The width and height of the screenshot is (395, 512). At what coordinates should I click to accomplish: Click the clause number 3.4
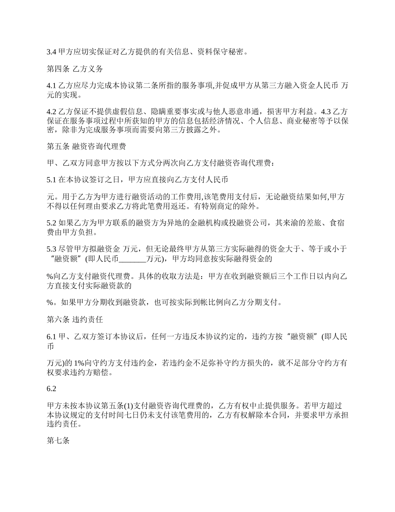point(51,52)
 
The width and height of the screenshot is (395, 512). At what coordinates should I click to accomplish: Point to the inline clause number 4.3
point(327,112)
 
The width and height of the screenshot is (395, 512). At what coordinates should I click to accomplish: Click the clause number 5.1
point(51,180)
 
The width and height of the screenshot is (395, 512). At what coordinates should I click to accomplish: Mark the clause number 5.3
point(51,249)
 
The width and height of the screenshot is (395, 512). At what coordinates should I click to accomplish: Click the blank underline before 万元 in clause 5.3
point(133,259)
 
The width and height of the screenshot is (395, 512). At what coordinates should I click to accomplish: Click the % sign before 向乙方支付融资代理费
point(49,276)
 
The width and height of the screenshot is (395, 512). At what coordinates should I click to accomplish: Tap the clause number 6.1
point(51,337)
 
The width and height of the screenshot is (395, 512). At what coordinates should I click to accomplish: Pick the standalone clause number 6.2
point(51,389)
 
